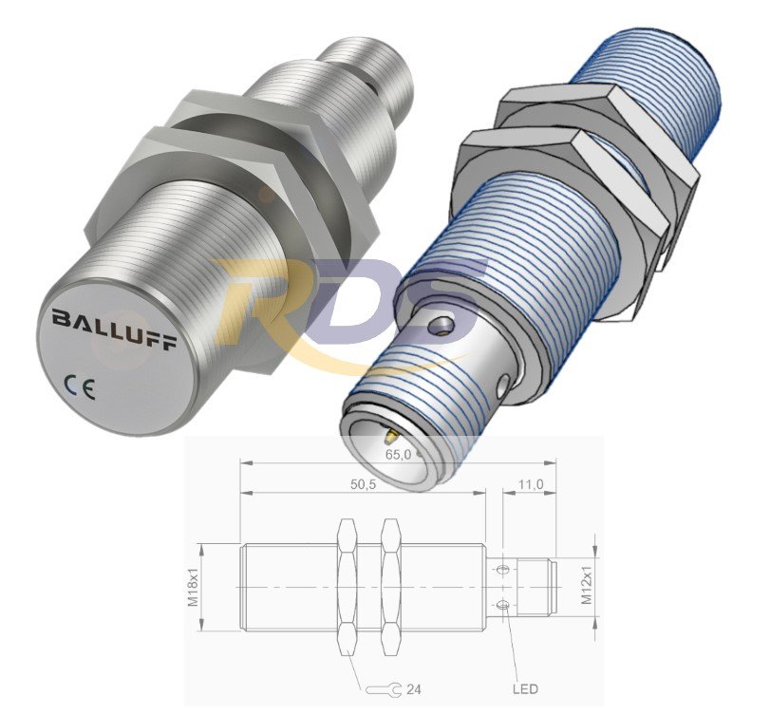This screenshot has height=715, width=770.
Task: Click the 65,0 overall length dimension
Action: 398,454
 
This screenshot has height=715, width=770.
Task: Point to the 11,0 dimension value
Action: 530,485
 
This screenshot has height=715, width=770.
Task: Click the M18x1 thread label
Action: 193,586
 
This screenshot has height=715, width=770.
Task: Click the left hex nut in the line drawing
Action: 348,587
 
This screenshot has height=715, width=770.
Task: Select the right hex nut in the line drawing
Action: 390,587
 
